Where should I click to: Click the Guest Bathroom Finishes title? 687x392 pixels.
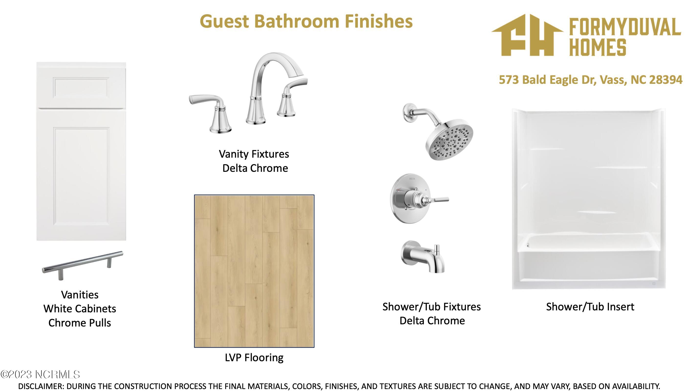click(x=306, y=22)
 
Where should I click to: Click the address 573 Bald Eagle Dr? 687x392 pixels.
click(x=546, y=80)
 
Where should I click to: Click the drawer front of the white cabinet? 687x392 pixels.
click(x=81, y=87)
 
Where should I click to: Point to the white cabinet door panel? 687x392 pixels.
click(x=81, y=175)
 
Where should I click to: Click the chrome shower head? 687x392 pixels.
click(x=441, y=132)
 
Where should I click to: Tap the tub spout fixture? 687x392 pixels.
click(x=423, y=257)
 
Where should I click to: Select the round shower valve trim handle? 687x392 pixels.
click(x=419, y=198)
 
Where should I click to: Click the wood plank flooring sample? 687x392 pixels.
click(x=254, y=271)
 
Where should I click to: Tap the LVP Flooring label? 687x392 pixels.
click(x=254, y=358)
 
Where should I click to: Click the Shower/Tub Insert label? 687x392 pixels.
click(x=590, y=307)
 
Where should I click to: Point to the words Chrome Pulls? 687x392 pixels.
click(x=80, y=323)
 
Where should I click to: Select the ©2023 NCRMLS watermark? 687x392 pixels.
click(x=40, y=374)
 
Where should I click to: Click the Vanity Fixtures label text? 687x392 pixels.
click(x=254, y=154)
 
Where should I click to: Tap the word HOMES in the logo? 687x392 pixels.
click(x=597, y=47)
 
